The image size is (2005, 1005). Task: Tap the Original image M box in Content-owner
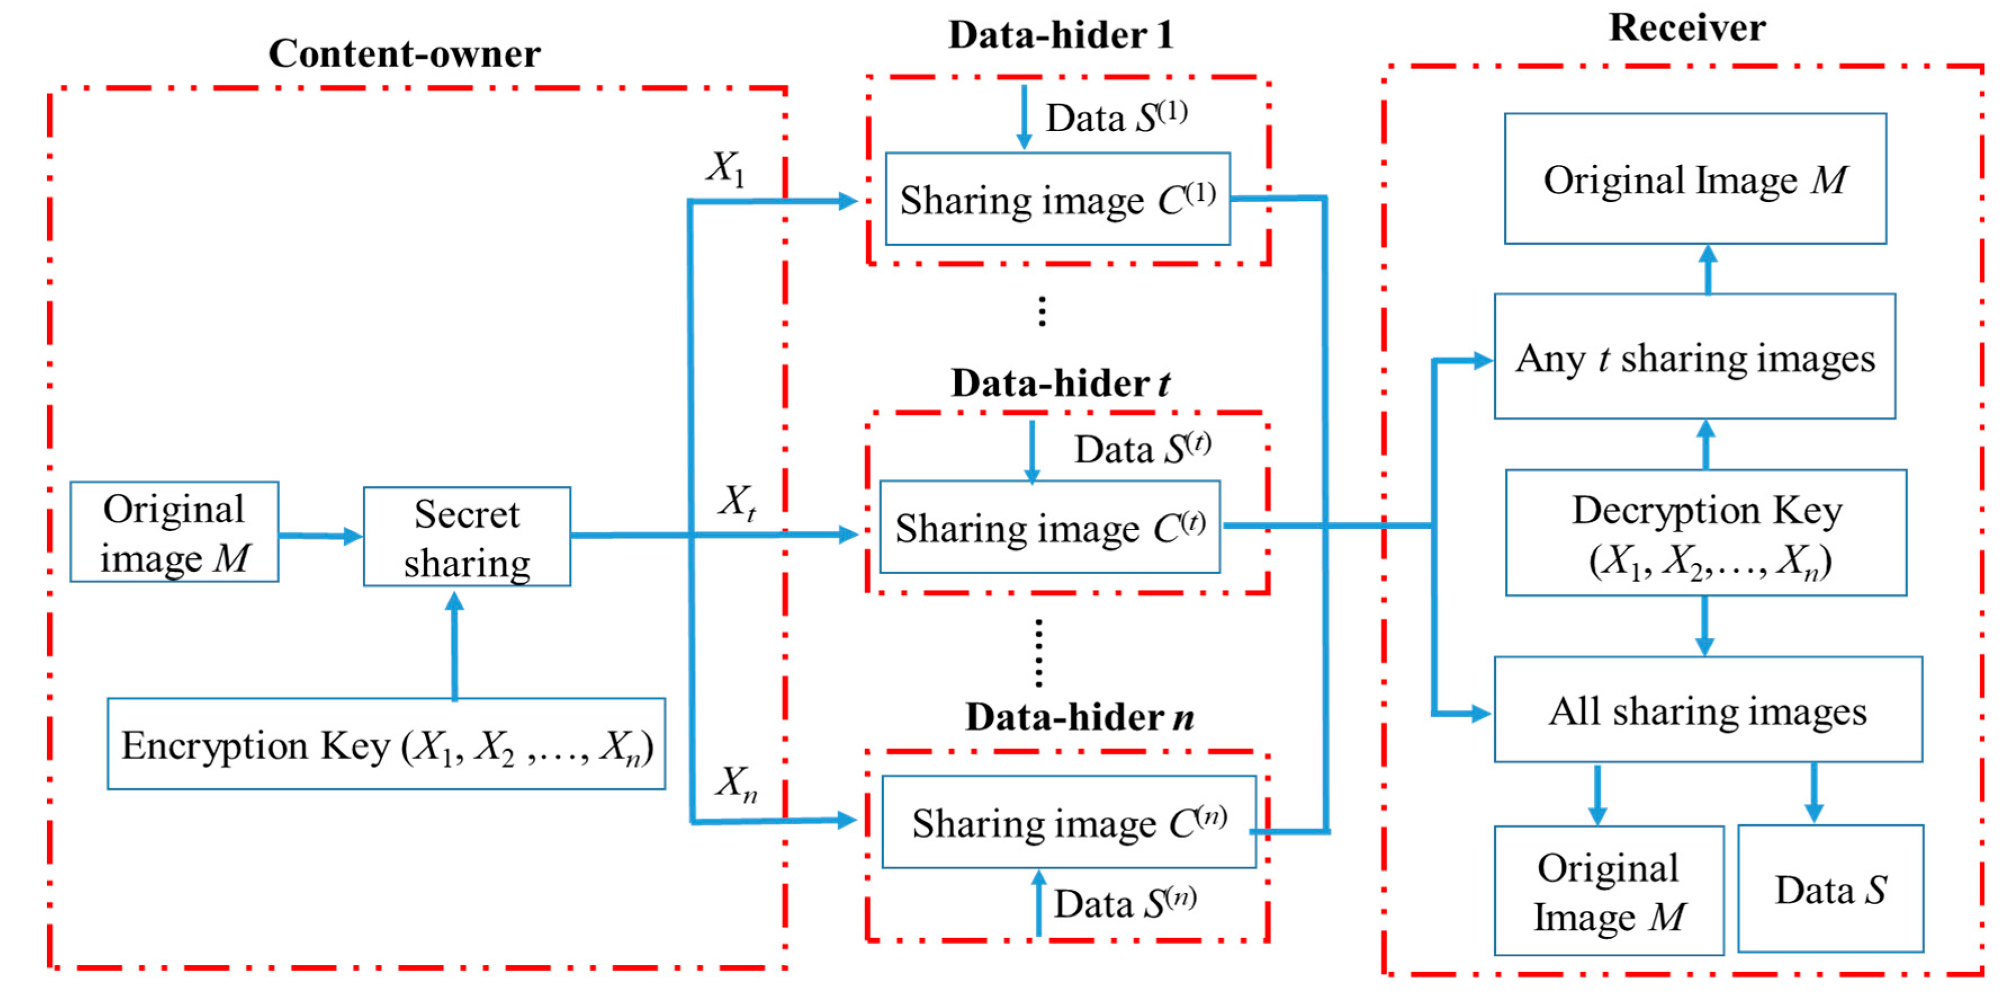[174, 532]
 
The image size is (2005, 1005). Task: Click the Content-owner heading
[404, 53]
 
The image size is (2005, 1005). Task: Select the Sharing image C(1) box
[1057, 199]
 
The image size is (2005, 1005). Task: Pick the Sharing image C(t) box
[1049, 527]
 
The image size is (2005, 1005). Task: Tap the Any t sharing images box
[1694, 357]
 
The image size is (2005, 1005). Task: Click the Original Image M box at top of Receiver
[1694, 179]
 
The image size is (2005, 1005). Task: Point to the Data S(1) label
[1116, 118]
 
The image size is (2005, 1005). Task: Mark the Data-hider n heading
[1079, 717]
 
